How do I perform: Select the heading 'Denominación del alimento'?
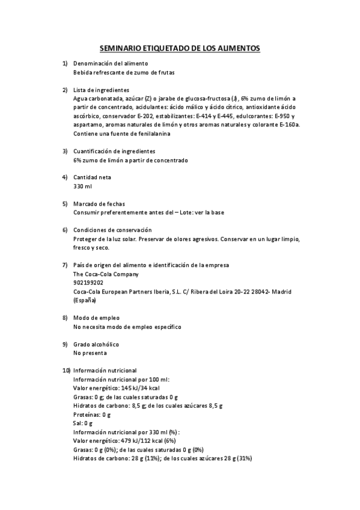click(111, 63)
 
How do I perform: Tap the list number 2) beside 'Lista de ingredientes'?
click(65, 90)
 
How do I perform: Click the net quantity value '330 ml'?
click(82, 186)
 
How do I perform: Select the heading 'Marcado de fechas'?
click(99, 204)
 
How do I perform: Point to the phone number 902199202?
click(88, 282)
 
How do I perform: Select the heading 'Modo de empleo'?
click(96, 318)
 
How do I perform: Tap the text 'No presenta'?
click(90, 353)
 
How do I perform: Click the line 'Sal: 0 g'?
click(83, 423)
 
